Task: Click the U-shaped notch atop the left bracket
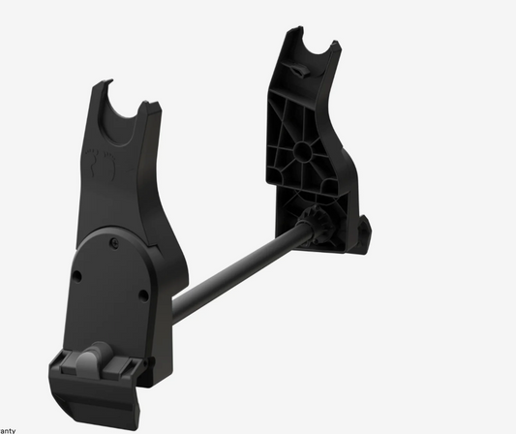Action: coord(125,105)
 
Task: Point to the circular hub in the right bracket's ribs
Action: coord(301,150)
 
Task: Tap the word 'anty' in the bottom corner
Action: coord(9,429)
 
